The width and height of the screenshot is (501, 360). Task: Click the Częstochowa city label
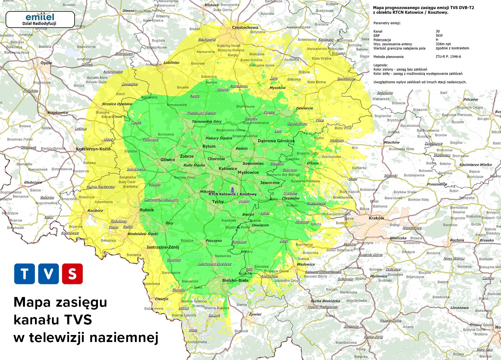(x=245, y=27)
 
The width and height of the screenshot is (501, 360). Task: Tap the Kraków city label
(x=376, y=218)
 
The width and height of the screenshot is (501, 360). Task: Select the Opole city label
(x=46, y=63)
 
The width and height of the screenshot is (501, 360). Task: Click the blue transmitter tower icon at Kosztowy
(x=233, y=190)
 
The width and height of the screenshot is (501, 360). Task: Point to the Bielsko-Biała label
(x=235, y=280)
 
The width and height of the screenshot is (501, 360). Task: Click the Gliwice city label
(x=168, y=160)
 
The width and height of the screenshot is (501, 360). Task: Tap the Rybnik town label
(x=147, y=210)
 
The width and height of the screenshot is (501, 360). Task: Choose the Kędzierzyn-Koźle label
(x=93, y=149)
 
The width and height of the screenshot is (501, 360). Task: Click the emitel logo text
(x=40, y=17)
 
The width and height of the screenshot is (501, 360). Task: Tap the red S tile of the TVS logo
(x=72, y=274)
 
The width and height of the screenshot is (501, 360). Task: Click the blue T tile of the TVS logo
(x=24, y=274)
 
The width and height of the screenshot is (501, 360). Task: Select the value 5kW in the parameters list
(x=439, y=36)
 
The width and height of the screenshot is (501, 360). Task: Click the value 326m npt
(x=443, y=44)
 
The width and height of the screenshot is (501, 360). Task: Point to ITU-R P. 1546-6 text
(x=448, y=57)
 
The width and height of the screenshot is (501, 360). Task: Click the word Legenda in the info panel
(x=380, y=65)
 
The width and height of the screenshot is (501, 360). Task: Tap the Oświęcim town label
(x=260, y=225)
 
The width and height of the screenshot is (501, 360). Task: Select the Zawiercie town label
(x=304, y=108)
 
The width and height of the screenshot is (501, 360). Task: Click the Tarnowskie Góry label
(x=207, y=121)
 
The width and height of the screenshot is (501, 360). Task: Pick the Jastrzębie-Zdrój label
(x=163, y=247)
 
